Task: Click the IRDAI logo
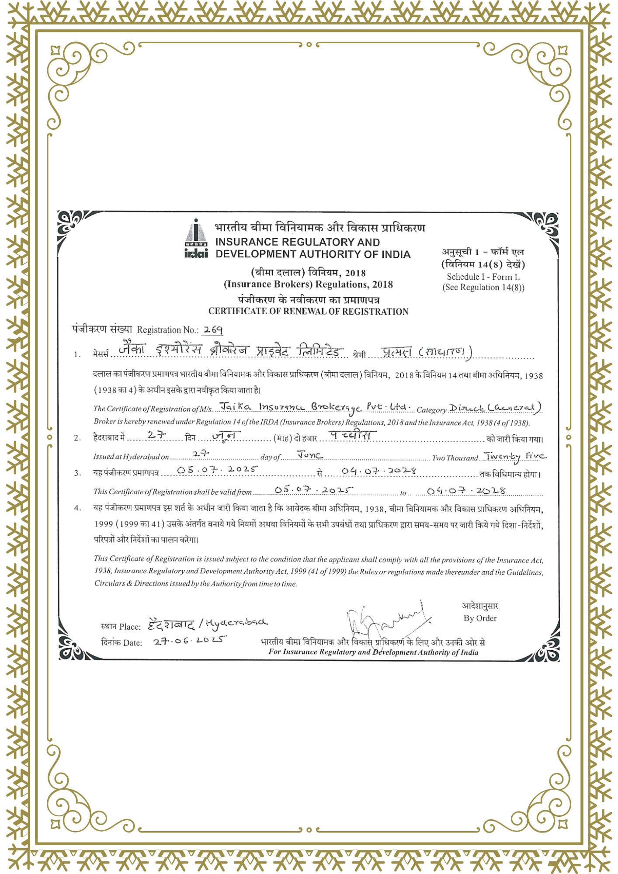[196, 239]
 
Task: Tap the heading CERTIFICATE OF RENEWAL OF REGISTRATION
[308, 312]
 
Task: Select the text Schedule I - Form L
[483, 277]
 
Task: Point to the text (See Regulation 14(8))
[483, 288]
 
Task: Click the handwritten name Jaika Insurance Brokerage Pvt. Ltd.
[315, 407]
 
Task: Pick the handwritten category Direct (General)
[496, 408]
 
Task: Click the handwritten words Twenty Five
[515, 457]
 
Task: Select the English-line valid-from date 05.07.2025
[313, 490]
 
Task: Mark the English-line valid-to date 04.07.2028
[466, 491]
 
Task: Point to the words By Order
[480, 618]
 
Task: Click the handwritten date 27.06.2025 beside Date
[190, 640]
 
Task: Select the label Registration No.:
[168, 330]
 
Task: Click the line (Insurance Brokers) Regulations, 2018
[308, 284]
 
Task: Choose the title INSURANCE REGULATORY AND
[298, 242]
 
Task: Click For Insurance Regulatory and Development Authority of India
[373, 652]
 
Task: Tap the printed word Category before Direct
[431, 410]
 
